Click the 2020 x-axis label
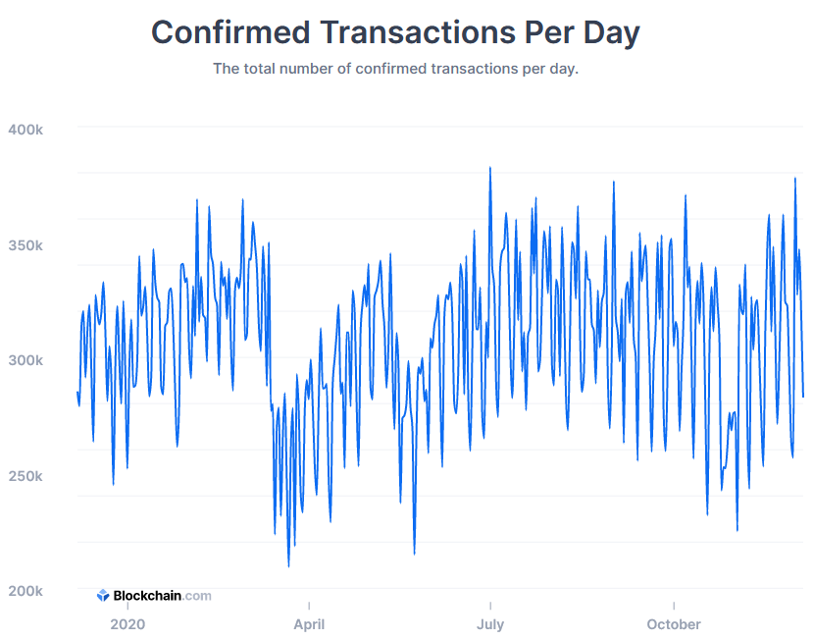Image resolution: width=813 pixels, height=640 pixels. (127, 624)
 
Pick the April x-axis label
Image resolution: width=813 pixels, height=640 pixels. (309, 624)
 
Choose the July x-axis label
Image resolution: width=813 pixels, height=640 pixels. (489, 624)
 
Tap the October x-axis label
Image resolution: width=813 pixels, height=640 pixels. (674, 624)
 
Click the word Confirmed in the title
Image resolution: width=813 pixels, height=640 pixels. (230, 32)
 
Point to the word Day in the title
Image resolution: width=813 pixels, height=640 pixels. (611, 32)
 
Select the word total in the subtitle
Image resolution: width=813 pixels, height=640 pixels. (262, 70)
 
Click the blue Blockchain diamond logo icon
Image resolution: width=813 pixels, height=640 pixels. (103, 596)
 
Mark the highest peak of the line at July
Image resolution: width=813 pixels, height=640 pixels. (490, 168)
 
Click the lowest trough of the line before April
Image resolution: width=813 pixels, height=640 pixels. (288, 565)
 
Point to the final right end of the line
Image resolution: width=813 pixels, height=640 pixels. (803, 397)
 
